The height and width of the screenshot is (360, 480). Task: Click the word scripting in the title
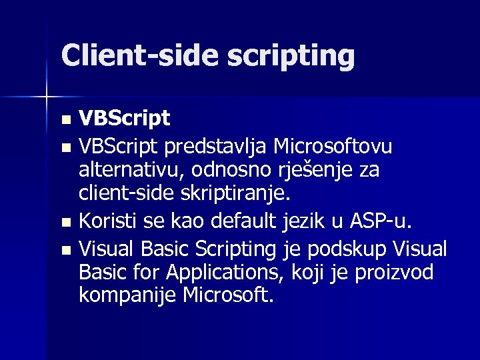tap(291, 57)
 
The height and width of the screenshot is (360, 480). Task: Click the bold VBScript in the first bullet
tap(124, 119)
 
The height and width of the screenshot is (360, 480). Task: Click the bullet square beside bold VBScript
tap(65, 121)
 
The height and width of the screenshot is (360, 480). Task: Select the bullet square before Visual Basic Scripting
tap(65, 250)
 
